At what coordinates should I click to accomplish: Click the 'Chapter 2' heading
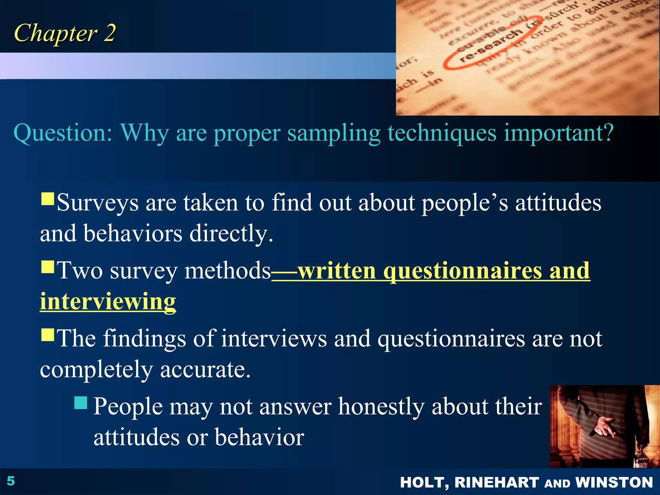64,33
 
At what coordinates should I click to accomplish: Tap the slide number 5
11,481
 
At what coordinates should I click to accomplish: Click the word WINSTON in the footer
614,482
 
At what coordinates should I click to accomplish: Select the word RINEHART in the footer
496,482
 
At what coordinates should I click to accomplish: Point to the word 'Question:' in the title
63,133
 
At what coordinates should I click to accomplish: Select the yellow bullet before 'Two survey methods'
48,267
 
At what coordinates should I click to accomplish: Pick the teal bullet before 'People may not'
81,403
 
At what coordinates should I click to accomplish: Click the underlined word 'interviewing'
108,301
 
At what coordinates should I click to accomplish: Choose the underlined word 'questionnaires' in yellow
462,271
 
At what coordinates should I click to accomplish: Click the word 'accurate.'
205,369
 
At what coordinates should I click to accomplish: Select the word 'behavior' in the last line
259,437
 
